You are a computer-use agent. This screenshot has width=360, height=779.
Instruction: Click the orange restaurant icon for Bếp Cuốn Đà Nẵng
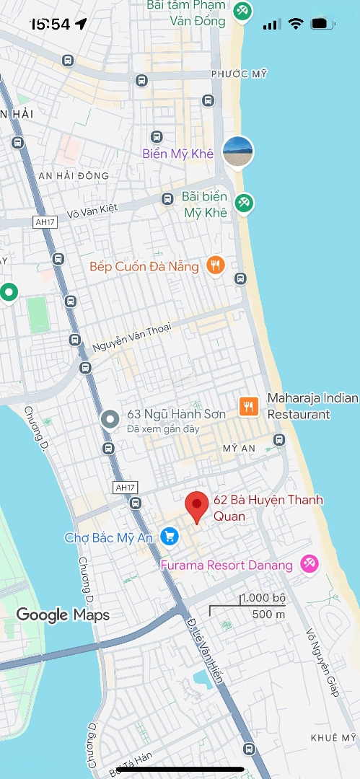(x=214, y=265)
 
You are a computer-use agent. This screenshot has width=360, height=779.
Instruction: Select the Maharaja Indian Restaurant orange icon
(x=248, y=406)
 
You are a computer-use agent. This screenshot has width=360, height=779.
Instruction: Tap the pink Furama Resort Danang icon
(x=309, y=564)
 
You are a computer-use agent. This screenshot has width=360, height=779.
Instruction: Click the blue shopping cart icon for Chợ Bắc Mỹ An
(x=170, y=536)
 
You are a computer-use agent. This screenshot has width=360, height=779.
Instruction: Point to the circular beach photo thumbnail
(x=237, y=150)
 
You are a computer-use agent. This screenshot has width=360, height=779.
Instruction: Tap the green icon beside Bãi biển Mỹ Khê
(x=244, y=203)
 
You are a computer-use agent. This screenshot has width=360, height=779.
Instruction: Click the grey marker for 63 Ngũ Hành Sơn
(x=110, y=418)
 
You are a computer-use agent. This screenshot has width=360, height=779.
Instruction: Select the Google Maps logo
(x=63, y=615)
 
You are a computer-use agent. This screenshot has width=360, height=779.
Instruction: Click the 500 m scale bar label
(x=268, y=615)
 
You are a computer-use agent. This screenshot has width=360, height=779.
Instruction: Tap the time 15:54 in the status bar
(x=50, y=24)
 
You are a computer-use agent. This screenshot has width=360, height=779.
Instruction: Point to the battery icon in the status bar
(x=318, y=24)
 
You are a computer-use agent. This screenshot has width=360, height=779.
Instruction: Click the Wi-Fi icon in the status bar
(x=295, y=24)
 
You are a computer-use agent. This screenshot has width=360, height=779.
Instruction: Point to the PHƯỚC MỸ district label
(x=239, y=74)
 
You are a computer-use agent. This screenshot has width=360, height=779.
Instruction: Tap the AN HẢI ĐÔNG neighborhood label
(x=74, y=175)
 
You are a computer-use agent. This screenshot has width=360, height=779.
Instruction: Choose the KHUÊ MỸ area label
(x=333, y=737)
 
